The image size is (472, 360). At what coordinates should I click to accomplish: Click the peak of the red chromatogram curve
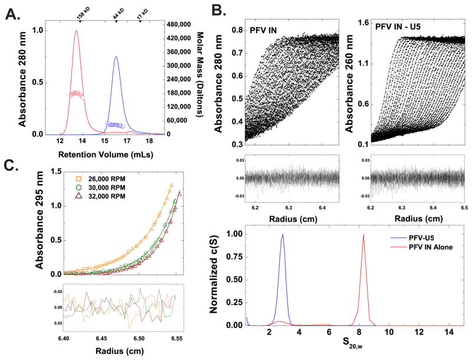76,32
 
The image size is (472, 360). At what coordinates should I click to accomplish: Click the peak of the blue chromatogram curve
116,57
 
